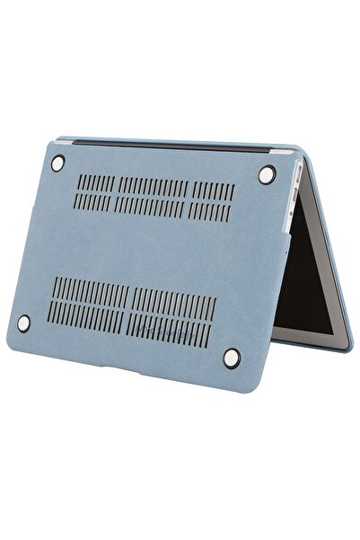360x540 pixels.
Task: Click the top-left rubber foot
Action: point(58,163)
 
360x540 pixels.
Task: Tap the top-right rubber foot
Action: point(267,175)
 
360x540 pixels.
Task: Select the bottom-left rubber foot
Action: point(25,320)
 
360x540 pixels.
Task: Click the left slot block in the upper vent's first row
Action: point(96,183)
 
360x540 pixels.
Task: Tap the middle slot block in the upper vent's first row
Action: point(154,187)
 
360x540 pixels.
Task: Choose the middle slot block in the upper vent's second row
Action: point(151,206)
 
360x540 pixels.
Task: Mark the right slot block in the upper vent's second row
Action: point(213,210)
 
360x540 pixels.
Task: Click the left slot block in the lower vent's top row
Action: point(88,289)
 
